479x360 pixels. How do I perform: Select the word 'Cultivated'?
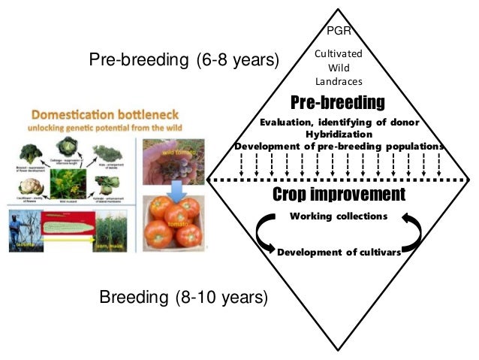coord(338,54)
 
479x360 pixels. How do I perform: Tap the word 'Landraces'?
coord(338,81)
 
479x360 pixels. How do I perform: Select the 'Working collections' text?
coord(338,216)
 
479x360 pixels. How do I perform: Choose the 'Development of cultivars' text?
coord(338,252)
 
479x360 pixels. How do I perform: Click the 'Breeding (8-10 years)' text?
coord(183,298)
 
